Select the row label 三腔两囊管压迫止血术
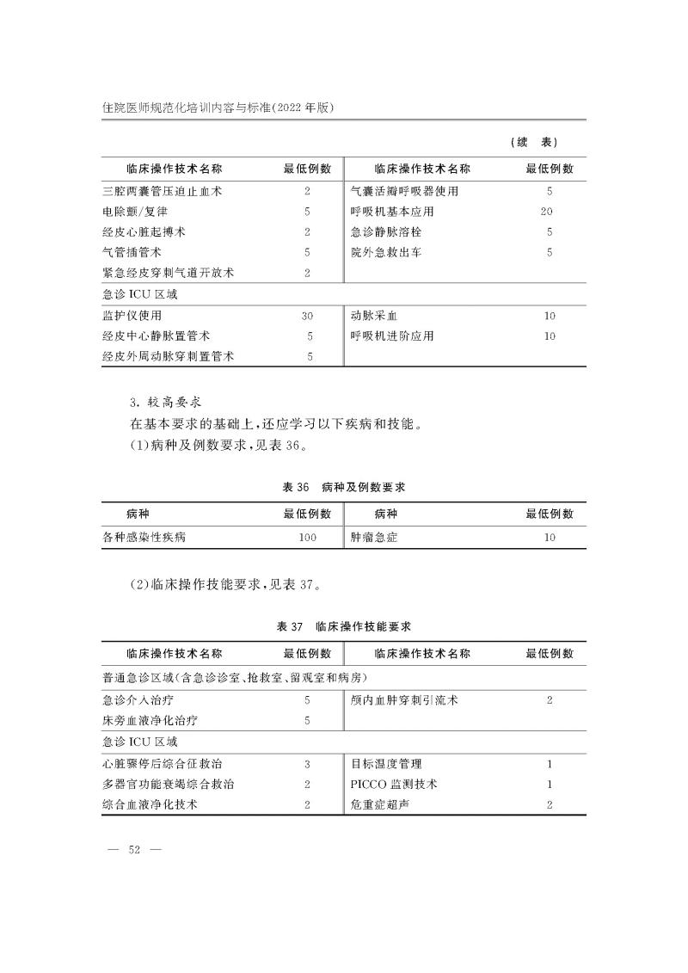coord(163,191)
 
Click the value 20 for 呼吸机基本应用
coord(547,212)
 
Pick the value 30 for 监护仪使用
coord(307,316)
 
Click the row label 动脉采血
coord(378,316)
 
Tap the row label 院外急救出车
coord(386,252)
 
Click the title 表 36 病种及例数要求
coord(344,488)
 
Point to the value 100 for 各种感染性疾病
coord(307,538)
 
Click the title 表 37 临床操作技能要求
coord(344,626)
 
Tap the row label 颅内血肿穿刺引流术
coord(404,700)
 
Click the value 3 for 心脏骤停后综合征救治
coord(307,763)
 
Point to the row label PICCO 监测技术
coord(395,784)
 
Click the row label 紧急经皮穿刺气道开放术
coord(169,273)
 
